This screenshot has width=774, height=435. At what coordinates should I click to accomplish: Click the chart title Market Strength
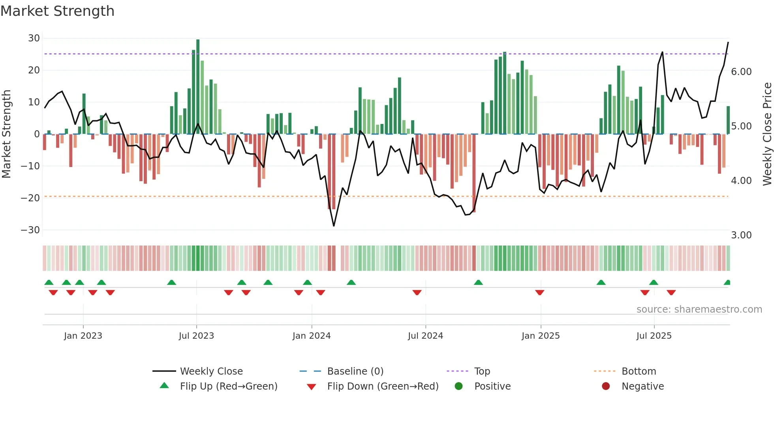[x=57, y=11]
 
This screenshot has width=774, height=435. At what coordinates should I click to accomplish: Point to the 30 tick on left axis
[x=34, y=38]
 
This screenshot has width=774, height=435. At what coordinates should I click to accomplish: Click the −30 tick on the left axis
[x=30, y=230]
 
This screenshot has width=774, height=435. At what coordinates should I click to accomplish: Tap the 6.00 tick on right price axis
[x=741, y=72]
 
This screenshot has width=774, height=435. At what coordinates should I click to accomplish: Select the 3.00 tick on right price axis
[x=741, y=235]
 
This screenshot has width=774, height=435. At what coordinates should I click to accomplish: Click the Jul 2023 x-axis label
[x=196, y=336]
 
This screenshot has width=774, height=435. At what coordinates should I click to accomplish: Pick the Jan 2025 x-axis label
[x=541, y=336]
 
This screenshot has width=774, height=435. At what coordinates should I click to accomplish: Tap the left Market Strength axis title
[x=7, y=134]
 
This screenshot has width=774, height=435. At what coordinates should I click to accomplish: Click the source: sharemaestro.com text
[x=699, y=309]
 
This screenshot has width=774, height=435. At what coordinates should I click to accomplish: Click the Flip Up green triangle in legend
[x=164, y=386]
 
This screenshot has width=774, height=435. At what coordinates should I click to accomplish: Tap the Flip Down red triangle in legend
[x=311, y=387]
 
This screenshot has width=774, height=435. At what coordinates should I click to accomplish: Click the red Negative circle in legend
[x=606, y=386]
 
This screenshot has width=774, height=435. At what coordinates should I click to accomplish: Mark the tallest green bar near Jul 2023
[x=198, y=87]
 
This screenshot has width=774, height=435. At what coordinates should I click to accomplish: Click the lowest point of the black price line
[x=334, y=226]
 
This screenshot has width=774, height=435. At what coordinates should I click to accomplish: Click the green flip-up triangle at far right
[x=727, y=283]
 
